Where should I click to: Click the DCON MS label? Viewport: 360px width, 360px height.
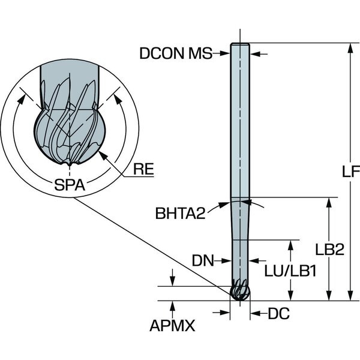coord(176,53)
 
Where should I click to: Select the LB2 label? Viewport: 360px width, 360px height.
coord(329,251)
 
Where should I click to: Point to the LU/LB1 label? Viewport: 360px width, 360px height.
coord(290,271)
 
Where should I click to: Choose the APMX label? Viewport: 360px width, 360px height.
coord(173,325)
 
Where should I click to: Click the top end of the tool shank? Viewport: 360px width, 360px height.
coord(239,44)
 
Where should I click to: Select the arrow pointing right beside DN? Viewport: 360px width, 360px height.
coord(227,260)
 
